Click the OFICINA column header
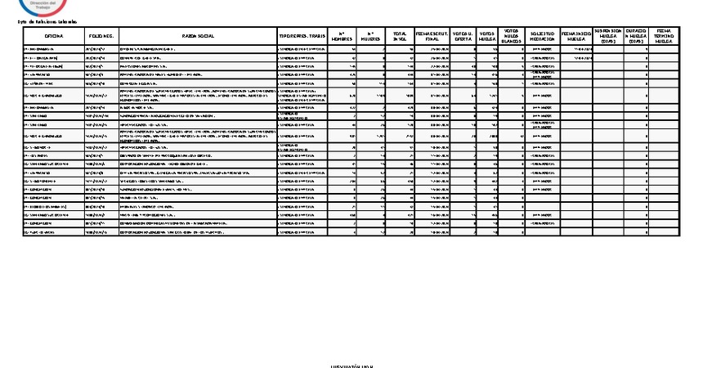click(x=54, y=38)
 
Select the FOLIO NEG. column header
click(x=101, y=38)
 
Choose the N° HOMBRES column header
click(x=341, y=38)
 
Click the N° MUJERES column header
click(x=370, y=38)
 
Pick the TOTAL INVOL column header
click(x=399, y=38)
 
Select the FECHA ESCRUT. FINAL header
click(x=432, y=38)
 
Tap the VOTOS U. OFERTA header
click(x=462, y=38)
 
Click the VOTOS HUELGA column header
click(x=487, y=38)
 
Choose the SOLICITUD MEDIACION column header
click(x=542, y=38)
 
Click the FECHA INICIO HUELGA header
click(x=576, y=38)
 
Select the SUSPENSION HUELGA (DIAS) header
click(x=608, y=36)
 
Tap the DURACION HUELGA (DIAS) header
click(x=638, y=36)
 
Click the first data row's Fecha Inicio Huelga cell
click(x=576, y=49)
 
